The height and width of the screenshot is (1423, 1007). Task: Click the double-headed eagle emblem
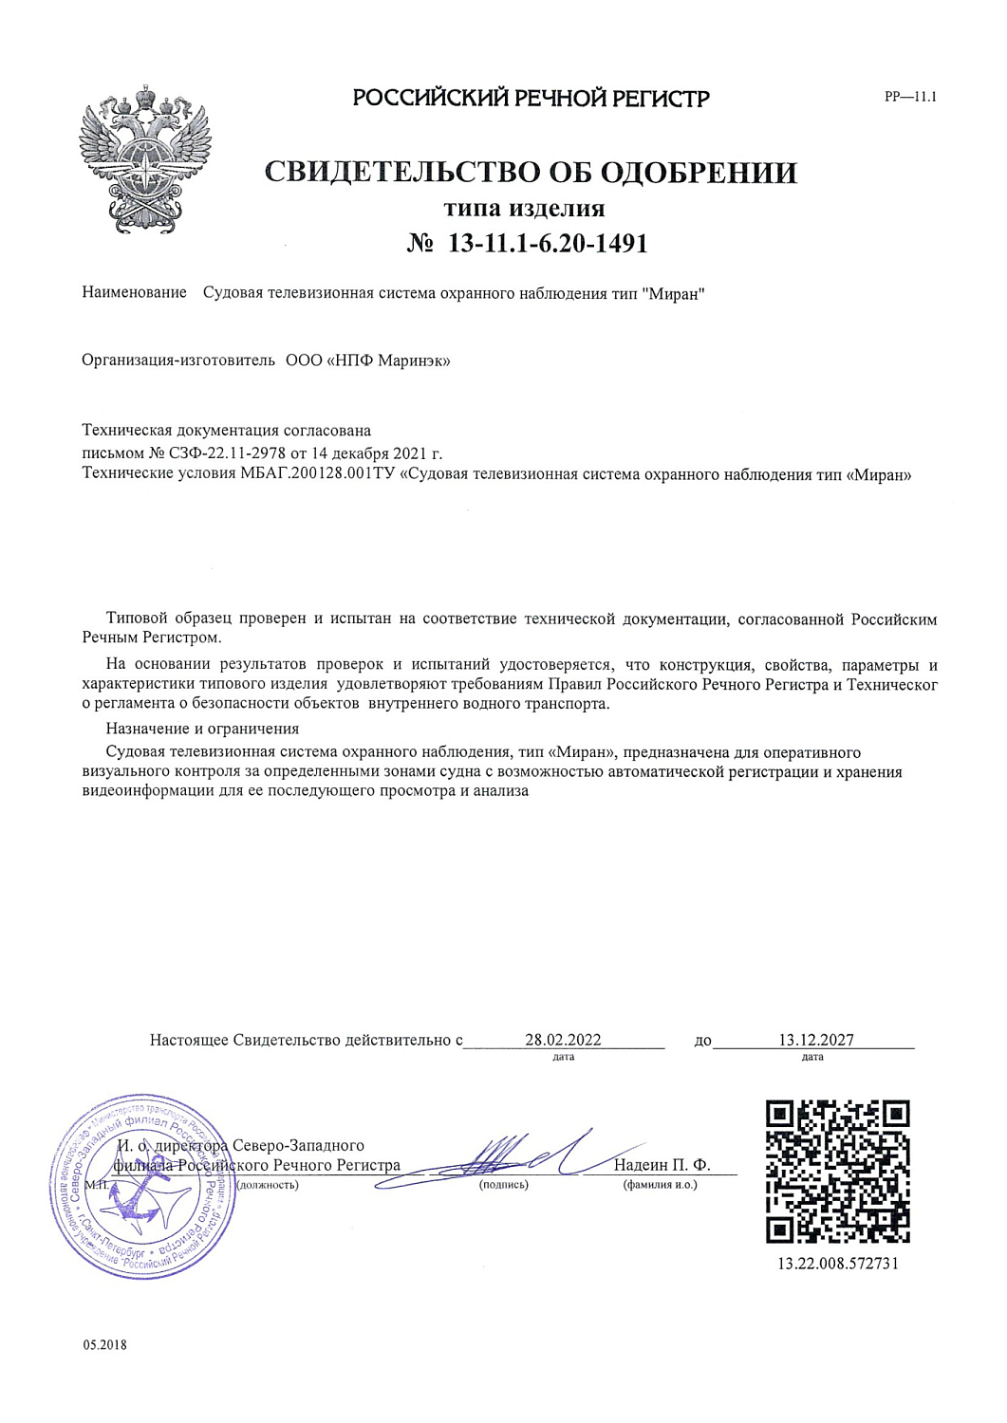[x=144, y=158]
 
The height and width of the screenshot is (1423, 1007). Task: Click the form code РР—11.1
[x=909, y=97]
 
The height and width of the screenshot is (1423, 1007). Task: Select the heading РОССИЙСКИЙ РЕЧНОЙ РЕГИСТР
[x=531, y=98]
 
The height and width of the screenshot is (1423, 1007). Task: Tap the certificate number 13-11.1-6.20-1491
[x=548, y=244]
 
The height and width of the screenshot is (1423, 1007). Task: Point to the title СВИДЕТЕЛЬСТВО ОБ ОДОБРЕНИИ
[x=531, y=173]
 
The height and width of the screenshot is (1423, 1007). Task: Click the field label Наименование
[x=134, y=293]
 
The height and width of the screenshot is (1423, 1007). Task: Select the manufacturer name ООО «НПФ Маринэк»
[x=367, y=360]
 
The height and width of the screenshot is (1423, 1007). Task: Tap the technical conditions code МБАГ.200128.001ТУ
[x=318, y=474]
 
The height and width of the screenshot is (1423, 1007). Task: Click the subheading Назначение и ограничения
[x=202, y=729]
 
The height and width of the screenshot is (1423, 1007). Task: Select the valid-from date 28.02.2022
[x=563, y=1040]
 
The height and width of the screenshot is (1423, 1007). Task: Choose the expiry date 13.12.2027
[x=815, y=1040]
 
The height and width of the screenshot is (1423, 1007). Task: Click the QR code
[x=837, y=1171]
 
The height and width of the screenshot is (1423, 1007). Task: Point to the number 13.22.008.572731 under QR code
[x=837, y=1264]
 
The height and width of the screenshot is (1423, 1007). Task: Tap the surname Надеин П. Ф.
[x=661, y=1165]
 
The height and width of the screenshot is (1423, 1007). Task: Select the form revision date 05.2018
[x=104, y=1345]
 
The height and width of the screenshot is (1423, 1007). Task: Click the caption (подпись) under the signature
[x=503, y=1184]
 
